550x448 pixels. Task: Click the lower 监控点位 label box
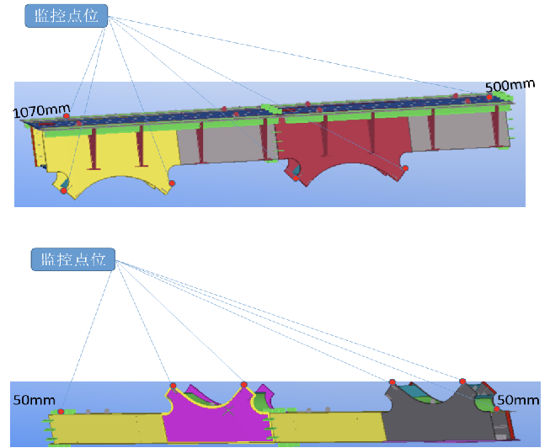coord(72,259)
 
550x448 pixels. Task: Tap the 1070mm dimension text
coord(41,109)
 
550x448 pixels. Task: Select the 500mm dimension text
coord(505,86)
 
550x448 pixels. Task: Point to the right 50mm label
coord(517,399)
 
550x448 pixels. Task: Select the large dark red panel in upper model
coord(345,139)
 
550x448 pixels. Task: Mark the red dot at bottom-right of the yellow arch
coord(172,183)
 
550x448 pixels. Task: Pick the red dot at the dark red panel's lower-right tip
coord(405,168)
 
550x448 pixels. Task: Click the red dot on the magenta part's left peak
coord(172,386)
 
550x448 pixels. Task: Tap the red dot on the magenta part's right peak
coord(244,384)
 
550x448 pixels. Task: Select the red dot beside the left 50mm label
coord(61,411)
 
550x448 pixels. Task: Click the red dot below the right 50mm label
coord(497,409)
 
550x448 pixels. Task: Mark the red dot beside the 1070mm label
coord(67,116)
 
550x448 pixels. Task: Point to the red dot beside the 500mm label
coord(489,97)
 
